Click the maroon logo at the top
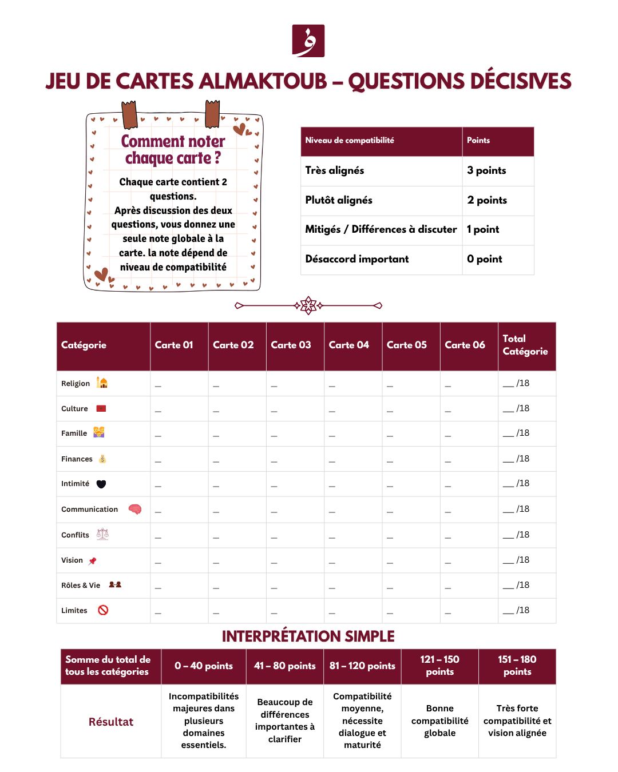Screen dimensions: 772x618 point(308,41)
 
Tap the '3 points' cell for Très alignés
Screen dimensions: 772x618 point(486,170)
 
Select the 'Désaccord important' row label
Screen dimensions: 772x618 point(357,259)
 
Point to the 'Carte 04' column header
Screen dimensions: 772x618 point(349,345)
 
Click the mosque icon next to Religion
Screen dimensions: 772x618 point(102,383)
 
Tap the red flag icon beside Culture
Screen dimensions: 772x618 point(101,408)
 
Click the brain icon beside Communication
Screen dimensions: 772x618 point(135,509)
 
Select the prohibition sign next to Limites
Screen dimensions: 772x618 point(103,610)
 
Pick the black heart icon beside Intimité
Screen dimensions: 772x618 point(101,484)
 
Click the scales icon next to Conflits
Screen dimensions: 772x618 point(102,534)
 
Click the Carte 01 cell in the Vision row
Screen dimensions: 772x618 point(179,560)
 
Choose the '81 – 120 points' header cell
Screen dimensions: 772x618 point(362,666)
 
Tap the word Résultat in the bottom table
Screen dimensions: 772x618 point(111,722)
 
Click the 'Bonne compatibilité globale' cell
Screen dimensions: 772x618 point(439,721)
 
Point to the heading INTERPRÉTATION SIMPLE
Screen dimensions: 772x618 point(308,636)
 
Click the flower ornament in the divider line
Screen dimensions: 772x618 point(308,305)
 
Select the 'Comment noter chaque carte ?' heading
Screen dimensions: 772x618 point(173,149)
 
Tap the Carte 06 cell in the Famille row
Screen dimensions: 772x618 point(469,433)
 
